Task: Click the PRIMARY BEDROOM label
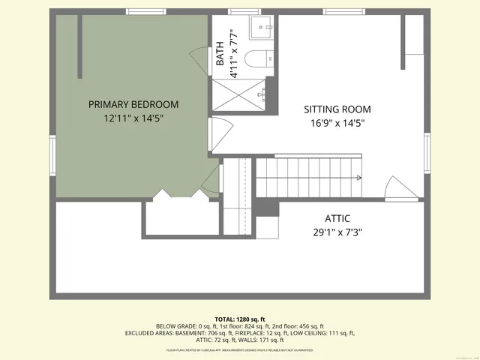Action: click(x=133, y=104)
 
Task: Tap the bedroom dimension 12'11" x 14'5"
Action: click(x=133, y=118)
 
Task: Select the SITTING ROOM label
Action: click(x=337, y=109)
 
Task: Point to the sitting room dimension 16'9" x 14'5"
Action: click(x=337, y=124)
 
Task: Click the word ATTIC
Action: click(x=337, y=218)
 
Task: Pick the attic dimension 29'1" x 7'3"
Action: click(x=337, y=232)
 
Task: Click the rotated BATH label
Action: click(x=220, y=53)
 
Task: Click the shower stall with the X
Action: click(x=238, y=94)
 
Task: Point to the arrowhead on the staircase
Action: click(x=360, y=178)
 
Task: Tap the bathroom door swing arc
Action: click(x=199, y=58)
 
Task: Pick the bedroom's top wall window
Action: click(x=145, y=12)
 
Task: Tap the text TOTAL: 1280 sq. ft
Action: click(x=240, y=319)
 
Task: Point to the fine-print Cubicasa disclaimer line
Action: click(x=240, y=350)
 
